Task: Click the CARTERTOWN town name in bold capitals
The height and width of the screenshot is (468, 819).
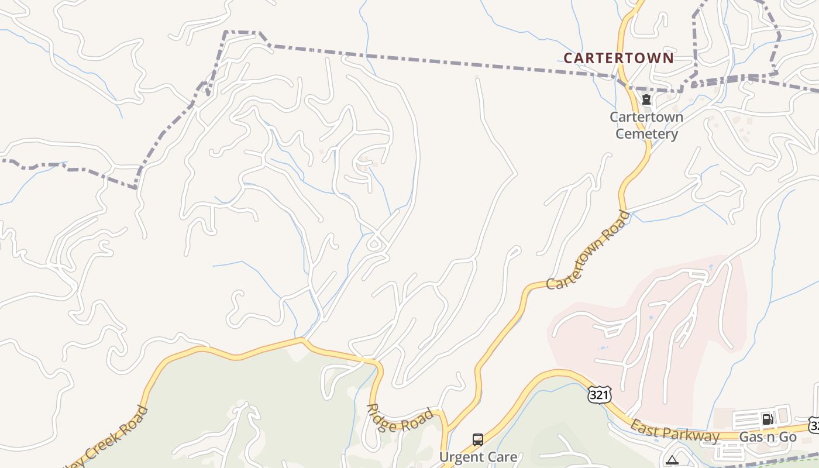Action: click(618, 58)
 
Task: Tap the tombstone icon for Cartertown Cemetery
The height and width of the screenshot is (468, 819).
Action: click(646, 99)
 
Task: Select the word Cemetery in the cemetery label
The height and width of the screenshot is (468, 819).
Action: click(646, 134)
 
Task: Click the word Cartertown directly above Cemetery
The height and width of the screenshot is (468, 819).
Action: click(646, 117)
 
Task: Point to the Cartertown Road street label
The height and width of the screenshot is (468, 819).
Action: click(589, 250)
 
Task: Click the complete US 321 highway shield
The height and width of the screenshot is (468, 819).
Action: click(600, 395)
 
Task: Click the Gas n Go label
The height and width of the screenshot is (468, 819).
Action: click(768, 437)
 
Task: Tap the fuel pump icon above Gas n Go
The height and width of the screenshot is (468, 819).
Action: click(768, 419)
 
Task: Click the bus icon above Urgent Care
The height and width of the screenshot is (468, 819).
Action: click(478, 439)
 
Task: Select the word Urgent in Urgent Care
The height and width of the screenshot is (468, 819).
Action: click(459, 457)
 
